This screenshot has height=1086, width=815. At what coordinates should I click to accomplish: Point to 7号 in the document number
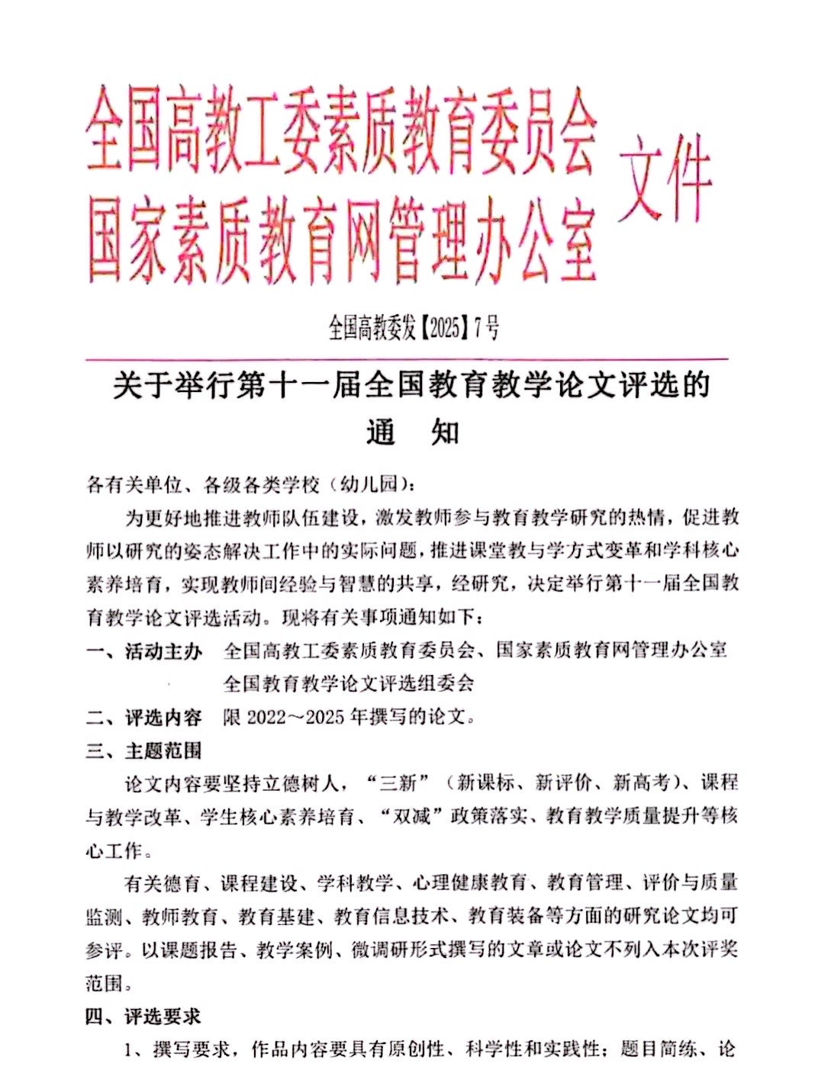(x=487, y=329)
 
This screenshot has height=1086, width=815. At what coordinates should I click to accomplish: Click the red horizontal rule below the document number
(x=407, y=358)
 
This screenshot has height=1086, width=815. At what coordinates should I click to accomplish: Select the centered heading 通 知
(x=412, y=432)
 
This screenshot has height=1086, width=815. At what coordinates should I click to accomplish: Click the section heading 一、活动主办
(x=145, y=651)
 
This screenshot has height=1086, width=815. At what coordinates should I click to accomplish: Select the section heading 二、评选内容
(x=145, y=718)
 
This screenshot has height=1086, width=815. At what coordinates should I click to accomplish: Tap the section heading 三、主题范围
(x=145, y=751)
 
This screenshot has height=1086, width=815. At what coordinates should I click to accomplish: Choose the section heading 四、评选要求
(x=145, y=1017)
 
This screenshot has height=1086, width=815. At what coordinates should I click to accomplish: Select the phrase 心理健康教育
(x=469, y=883)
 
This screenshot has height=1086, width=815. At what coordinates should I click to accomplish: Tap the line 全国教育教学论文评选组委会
(x=349, y=683)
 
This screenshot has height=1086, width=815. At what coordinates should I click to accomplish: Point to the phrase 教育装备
(x=506, y=917)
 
